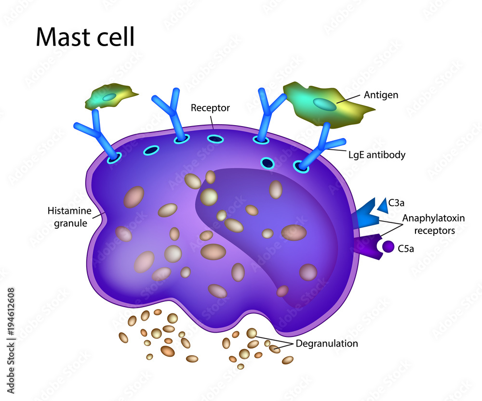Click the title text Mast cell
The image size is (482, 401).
pos(85,37)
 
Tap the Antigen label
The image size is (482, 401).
pos(381,95)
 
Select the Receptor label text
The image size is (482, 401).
pos(210,108)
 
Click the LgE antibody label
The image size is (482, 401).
pos(376,155)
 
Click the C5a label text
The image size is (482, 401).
pos(407,249)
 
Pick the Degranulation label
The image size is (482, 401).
pos(327,344)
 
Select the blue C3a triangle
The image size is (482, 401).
pos(384,205)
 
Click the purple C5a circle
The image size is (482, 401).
pos(388,247)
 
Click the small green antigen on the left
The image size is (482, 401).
pos(109,97)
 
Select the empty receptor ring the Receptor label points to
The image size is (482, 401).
pos(215,139)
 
